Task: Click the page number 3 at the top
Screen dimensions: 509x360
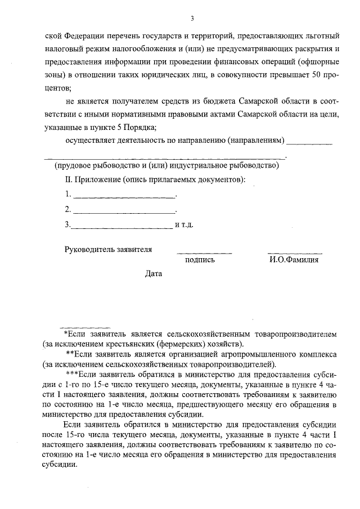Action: click(x=192, y=19)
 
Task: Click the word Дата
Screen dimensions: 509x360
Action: click(x=153, y=274)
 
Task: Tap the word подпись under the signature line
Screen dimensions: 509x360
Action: click(x=199, y=260)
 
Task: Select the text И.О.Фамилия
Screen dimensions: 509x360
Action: click(x=294, y=260)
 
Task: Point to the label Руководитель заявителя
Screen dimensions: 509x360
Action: click(x=108, y=248)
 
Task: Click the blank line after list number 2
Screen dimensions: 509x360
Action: click(x=124, y=213)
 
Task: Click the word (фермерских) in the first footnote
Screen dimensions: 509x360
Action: click(x=179, y=343)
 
